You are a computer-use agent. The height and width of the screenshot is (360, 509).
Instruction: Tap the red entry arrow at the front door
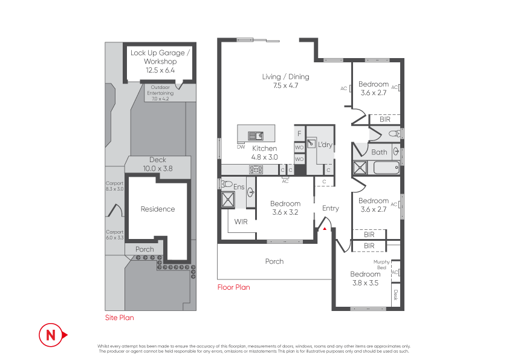[x=325, y=229]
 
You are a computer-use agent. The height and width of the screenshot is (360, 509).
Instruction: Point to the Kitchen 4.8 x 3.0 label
[x=265, y=152]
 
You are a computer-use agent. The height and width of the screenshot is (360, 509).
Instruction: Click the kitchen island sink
[x=256, y=136]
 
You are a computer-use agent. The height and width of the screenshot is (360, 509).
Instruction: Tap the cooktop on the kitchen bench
[x=256, y=169]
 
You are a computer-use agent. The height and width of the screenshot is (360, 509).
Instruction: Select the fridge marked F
[x=299, y=134]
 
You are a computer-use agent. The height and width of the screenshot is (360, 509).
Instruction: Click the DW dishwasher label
[x=241, y=147]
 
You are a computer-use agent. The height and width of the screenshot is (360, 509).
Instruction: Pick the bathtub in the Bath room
[x=386, y=168]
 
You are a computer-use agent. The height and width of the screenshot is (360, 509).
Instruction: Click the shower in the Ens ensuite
[x=228, y=200]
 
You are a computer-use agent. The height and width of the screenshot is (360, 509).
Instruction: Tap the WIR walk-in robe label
[x=241, y=222]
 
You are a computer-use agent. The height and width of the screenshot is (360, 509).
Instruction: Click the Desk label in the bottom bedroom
[x=396, y=295]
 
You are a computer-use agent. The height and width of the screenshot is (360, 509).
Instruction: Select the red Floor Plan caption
[x=234, y=287]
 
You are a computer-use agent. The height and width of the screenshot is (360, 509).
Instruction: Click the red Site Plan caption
[x=120, y=318]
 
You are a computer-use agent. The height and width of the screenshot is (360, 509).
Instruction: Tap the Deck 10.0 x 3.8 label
[x=158, y=164]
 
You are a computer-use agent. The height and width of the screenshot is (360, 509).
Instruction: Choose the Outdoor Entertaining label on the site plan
[x=160, y=93]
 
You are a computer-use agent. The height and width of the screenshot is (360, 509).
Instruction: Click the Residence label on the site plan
[x=158, y=209]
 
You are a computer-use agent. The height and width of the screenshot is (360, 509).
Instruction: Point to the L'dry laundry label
[x=325, y=145]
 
